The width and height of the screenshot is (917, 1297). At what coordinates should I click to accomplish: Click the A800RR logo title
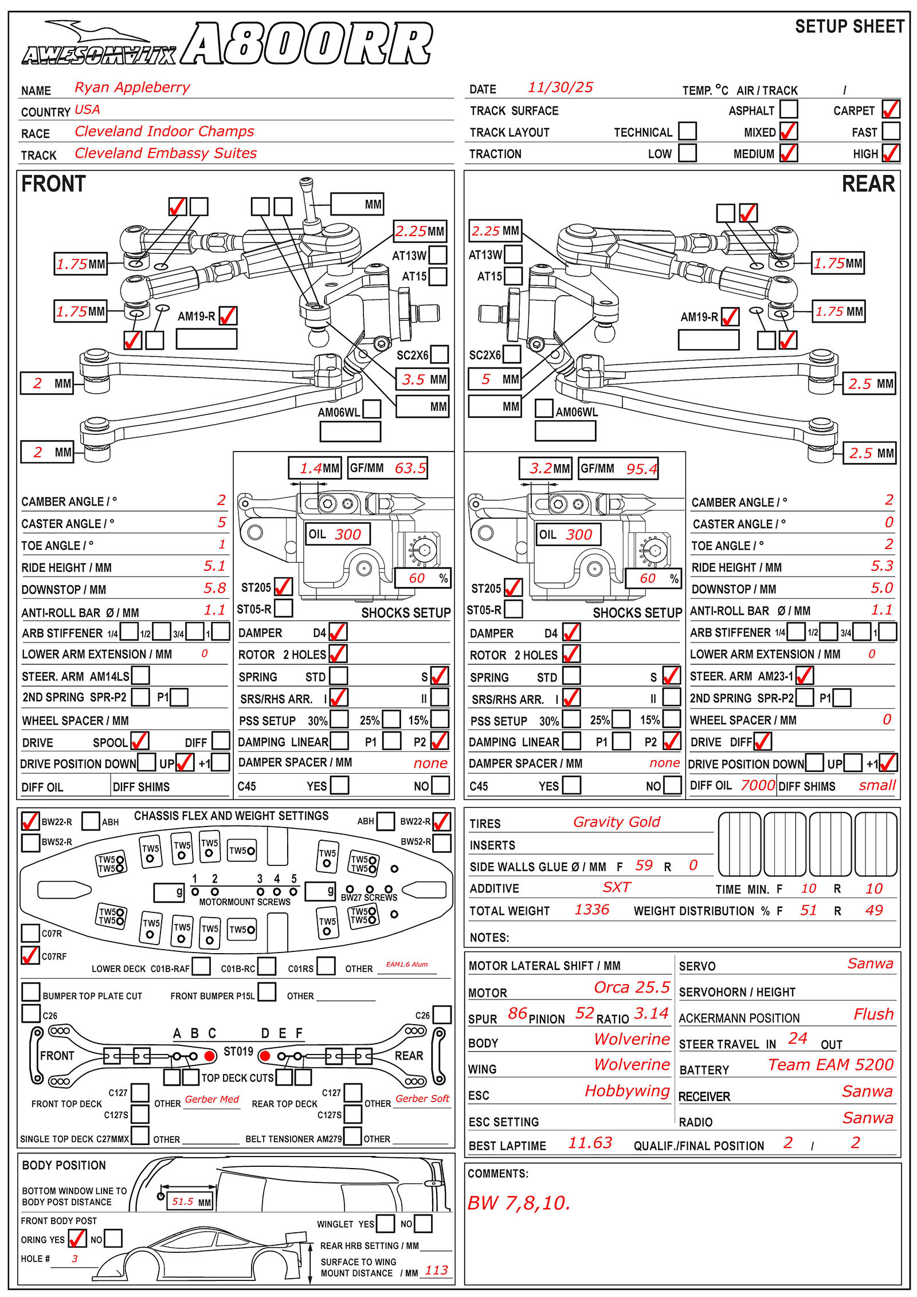click(307, 44)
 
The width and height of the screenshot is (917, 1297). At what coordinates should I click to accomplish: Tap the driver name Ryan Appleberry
click(132, 87)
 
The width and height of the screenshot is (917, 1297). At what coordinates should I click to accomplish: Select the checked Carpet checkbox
click(891, 109)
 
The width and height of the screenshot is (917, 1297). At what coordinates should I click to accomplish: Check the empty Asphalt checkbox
click(789, 109)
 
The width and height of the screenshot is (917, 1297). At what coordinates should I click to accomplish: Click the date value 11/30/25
click(560, 87)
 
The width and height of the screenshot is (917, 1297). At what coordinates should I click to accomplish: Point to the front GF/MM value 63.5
click(410, 468)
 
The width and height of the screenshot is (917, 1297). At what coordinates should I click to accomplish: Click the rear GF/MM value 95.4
click(641, 469)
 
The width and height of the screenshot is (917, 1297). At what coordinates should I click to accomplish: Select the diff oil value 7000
click(757, 785)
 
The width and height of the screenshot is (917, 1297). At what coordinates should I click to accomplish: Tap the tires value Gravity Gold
click(616, 822)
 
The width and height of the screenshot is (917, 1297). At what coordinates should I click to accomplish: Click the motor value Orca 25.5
click(632, 987)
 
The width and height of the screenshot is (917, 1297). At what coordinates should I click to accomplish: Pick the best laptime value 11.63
click(590, 1143)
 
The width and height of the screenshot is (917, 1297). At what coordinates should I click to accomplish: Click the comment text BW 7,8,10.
click(519, 1203)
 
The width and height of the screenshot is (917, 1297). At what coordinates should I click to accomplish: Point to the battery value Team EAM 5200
click(830, 1064)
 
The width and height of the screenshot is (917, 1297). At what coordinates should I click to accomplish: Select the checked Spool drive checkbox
click(140, 741)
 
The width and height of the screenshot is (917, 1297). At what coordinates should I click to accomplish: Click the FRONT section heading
click(53, 184)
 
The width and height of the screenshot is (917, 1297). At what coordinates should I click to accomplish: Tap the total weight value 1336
click(591, 910)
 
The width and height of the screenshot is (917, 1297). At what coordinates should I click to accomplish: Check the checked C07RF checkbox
click(30, 955)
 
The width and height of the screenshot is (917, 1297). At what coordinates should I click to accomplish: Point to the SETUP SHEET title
click(849, 26)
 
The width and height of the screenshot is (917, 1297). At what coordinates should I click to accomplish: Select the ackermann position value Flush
click(873, 1014)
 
